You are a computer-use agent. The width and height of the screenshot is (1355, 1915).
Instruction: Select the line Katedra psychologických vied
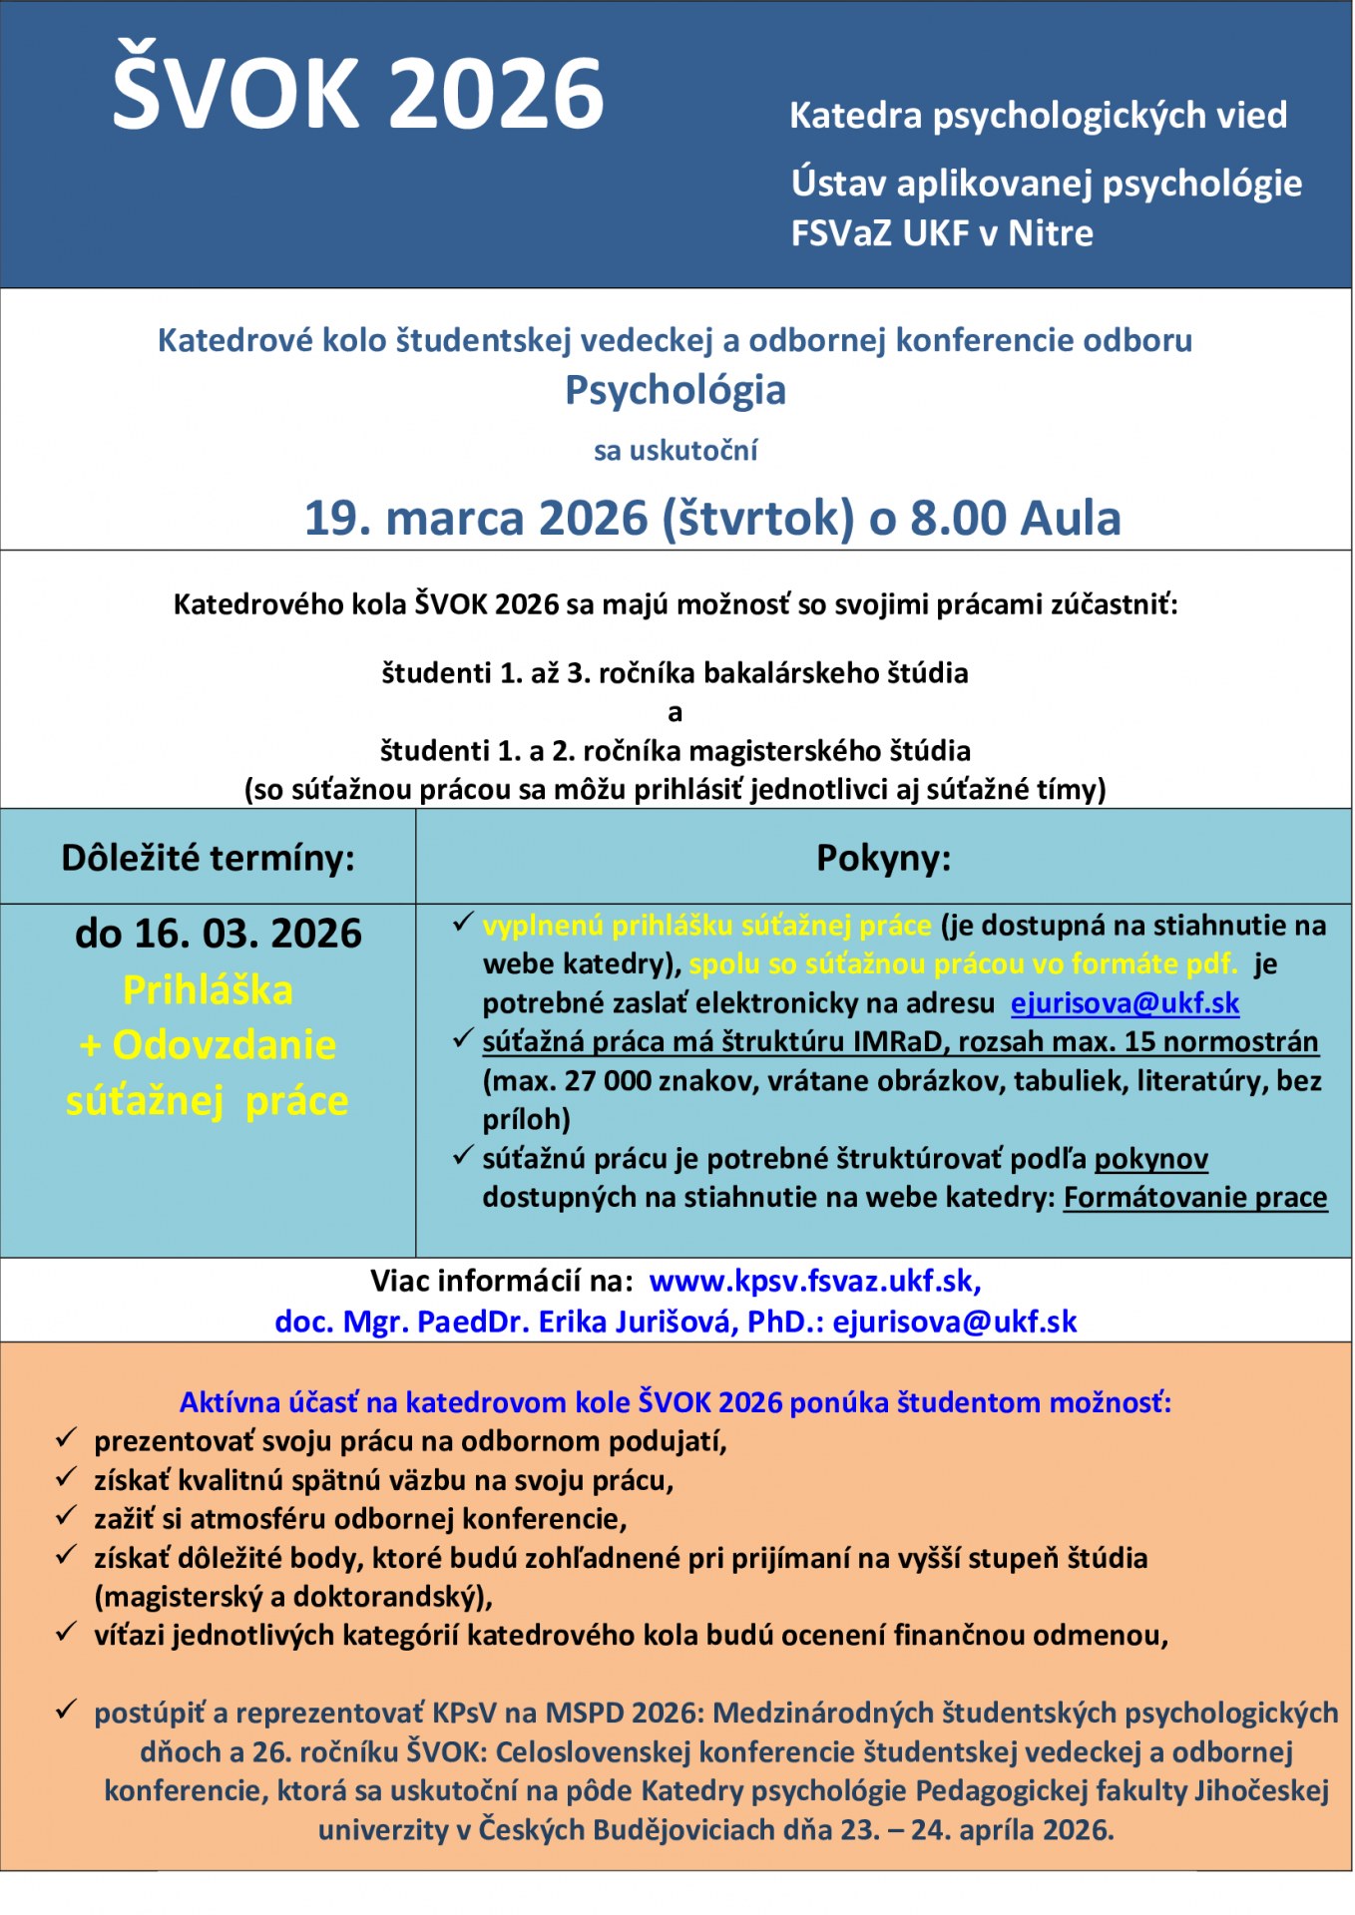(x=1038, y=116)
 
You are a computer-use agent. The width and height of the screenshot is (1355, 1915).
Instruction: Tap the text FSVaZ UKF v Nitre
(x=942, y=233)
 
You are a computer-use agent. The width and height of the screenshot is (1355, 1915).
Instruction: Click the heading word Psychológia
(x=676, y=390)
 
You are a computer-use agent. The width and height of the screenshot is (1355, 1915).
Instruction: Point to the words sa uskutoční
(x=676, y=451)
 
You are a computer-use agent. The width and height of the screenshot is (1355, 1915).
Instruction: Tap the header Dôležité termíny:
(x=208, y=858)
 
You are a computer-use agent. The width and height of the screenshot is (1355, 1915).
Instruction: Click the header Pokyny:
(x=883, y=858)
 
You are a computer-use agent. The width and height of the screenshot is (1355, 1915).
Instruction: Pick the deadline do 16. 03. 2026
(x=219, y=934)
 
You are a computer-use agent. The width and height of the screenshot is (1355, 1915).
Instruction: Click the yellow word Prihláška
(x=208, y=990)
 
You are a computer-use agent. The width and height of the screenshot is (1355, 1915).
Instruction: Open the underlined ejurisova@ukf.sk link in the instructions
(x=1125, y=1003)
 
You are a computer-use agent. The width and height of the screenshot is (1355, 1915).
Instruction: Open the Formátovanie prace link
(x=1195, y=1197)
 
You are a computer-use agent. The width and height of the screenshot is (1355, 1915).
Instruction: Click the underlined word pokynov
(x=1150, y=1159)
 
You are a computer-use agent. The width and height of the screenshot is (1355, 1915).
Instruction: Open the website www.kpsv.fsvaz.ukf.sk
(x=813, y=1281)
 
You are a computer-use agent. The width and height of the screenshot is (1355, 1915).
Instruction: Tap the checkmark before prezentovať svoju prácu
(x=67, y=1438)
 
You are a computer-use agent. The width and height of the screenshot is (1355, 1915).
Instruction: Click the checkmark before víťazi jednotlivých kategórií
(x=67, y=1633)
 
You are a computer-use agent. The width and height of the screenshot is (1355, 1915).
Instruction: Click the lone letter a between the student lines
(x=676, y=712)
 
